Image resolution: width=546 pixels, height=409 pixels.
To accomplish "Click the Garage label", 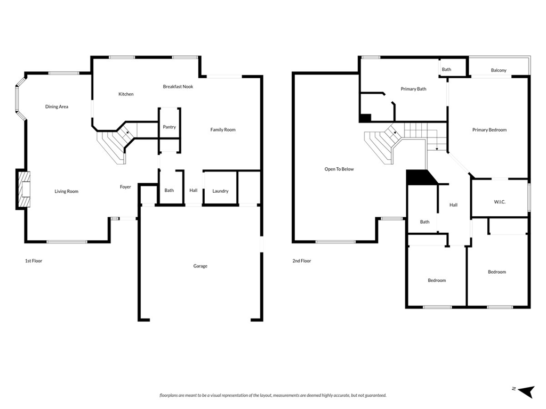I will [x=200, y=266].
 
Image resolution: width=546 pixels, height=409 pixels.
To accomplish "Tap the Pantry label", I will [x=169, y=127].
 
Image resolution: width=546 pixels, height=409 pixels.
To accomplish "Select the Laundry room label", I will [x=220, y=191].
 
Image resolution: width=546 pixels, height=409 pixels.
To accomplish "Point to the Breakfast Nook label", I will [x=178, y=87].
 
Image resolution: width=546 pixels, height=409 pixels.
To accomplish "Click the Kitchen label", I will [x=126, y=94].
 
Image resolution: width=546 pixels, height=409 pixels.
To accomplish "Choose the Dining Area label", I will [x=57, y=107].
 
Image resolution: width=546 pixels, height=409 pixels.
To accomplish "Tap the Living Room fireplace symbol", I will [x=23, y=189].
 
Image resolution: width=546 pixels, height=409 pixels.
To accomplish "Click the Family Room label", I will [x=222, y=130].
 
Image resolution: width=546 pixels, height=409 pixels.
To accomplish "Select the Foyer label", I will [x=125, y=187].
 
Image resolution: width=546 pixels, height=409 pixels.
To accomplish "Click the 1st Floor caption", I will [x=34, y=261].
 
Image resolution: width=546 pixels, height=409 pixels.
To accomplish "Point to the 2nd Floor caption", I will [x=301, y=261].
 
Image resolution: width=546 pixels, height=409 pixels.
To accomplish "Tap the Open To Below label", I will [x=339, y=169].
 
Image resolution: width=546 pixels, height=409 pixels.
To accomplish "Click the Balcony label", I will [x=499, y=71].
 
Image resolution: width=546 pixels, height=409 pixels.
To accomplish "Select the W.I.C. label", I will [x=500, y=202].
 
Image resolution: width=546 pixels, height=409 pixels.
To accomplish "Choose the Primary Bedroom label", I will [x=489, y=130].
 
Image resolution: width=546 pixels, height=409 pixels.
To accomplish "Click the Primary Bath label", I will [x=413, y=89].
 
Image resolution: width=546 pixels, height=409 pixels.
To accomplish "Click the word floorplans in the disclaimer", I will [x=171, y=396].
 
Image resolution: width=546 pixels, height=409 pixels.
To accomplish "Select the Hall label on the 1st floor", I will [x=193, y=191].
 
